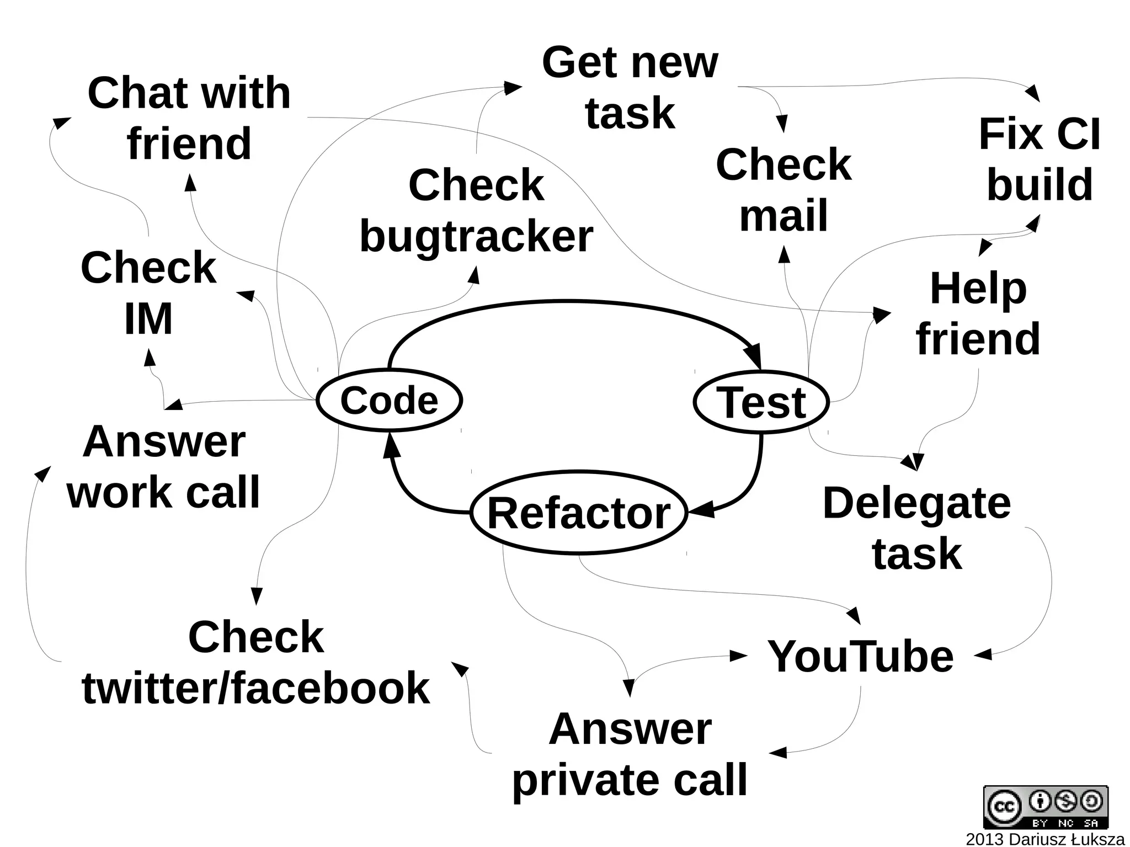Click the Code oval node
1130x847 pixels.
pos(389,400)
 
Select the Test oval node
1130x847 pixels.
pos(761,402)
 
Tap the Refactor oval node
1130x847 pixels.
pos(579,513)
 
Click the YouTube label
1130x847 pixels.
pos(860,656)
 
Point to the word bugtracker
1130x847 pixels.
pos(476,236)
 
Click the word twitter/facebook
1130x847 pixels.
pos(255,688)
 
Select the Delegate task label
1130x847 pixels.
pos(916,528)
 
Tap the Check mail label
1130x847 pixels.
pos(783,189)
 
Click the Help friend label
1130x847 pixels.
pos(978,313)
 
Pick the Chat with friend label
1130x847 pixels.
pos(189,118)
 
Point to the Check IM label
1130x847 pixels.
pos(148,293)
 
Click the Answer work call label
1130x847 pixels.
pos(163,467)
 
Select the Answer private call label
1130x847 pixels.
pos(630,754)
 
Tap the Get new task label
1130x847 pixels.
pos(630,88)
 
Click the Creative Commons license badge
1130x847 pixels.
pos(1045,807)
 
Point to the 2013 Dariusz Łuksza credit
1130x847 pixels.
pos(1044,839)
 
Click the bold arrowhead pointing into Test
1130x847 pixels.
pos(754,356)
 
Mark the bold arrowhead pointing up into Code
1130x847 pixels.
pos(391,445)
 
